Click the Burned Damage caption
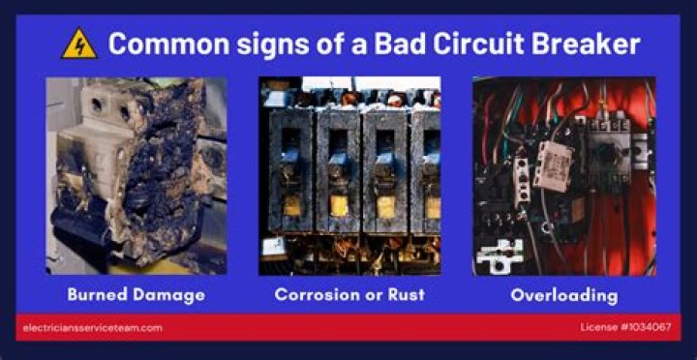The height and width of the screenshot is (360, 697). [x=136, y=294]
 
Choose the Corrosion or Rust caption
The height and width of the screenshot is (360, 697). [x=348, y=294]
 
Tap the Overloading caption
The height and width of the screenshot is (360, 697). [x=563, y=294]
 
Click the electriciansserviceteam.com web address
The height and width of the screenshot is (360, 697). [x=92, y=327]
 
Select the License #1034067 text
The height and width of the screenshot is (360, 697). [x=627, y=327]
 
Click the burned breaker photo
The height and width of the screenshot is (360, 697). [x=136, y=175]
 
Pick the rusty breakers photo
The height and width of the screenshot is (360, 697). [x=348, y=175]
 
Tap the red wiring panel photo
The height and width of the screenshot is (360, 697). [x=563, y=175]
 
